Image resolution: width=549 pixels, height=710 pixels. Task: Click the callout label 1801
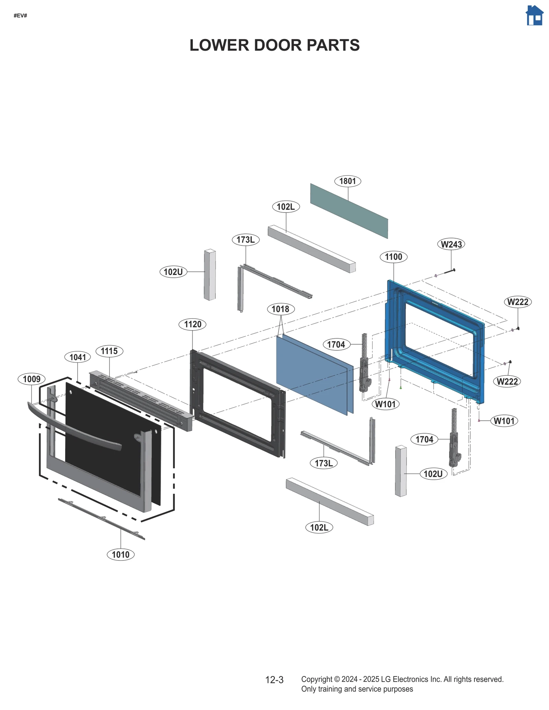(x=347, y=181)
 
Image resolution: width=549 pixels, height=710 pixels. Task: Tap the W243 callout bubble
(x=451, y=244)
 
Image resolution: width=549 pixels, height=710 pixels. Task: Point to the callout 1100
(x=393, y=257)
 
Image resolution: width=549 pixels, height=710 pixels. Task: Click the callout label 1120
(x=192, y=324)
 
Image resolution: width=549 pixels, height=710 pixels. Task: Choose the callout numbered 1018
(x=280, y=309)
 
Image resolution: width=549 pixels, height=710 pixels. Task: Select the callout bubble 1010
(x=120, y=555)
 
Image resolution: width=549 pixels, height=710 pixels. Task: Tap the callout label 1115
(x=109, y=351)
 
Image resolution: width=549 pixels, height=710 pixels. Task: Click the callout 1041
(x=78, y=357)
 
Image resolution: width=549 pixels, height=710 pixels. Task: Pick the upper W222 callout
(x=517, y=302)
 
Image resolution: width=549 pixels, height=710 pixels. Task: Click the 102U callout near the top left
(x=173, y=272)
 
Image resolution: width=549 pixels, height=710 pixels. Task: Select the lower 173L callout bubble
(x=324, y=463)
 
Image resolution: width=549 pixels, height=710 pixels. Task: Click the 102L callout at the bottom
(x=319, y=527)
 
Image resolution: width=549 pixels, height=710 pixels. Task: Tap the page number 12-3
(x=274, y=680)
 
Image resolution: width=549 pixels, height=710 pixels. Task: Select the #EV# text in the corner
(x=20, y=16)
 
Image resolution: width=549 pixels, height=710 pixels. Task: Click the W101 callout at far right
(x=504, y=421)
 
